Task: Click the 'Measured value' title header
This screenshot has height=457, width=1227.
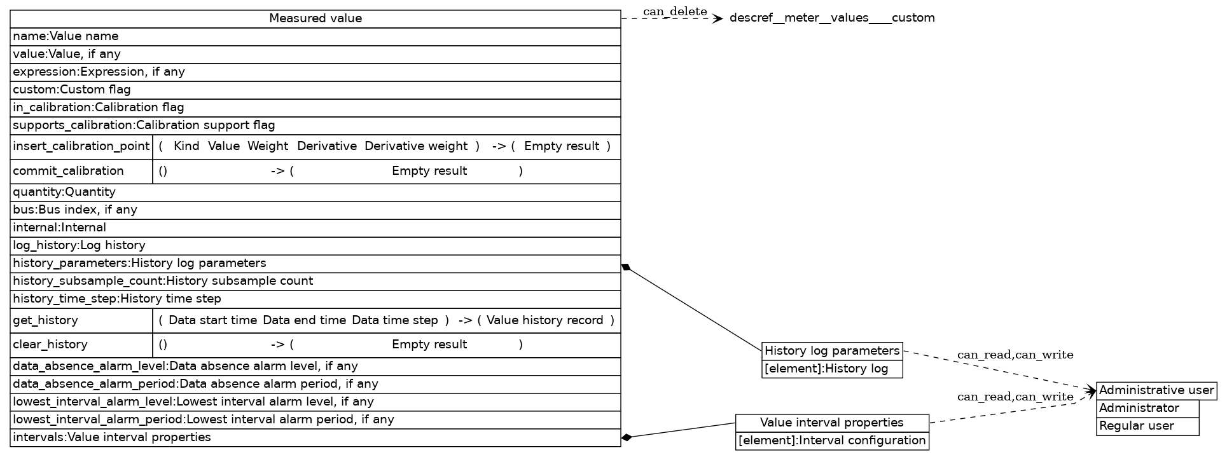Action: pyautogui.click(x=315, y=18)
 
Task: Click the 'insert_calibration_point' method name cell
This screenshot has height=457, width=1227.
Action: pyautogui.click(x=81, y=146)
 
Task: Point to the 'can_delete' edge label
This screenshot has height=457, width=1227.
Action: pyautogui.click(x=675, y=11)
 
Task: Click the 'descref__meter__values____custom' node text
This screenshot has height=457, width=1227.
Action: pyautogui.click(x=832, y=18)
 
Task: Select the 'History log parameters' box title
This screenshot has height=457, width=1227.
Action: pyautogui.click(x=832, y=351)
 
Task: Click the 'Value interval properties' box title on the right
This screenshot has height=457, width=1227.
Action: pyautogui.click(x=832, y=423)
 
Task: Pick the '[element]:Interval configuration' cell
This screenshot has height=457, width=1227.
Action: pyautogui.click(x=832, y=440)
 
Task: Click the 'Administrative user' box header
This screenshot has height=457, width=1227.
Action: pyautogui.click(x=1156, y=390)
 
